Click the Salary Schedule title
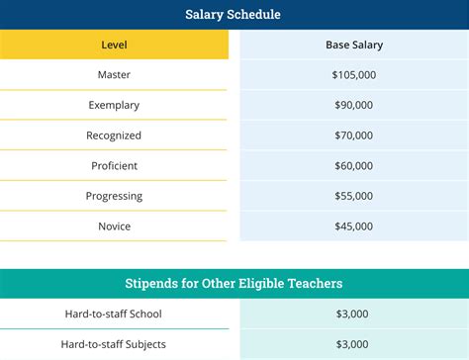(233, 15)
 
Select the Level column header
(114, 45)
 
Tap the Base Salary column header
(353, 45)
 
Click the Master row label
(114, 74)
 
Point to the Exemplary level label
(114, 105)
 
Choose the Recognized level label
(114, 135)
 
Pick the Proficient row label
(114, 165)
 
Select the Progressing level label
(114, 196)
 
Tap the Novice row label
(114, 226)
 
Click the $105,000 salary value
(353, 74)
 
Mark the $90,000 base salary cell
(353, 105)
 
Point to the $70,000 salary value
(353, 135)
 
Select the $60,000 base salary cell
(353, 165)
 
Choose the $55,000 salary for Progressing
(353, 196)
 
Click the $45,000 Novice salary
(353, 226)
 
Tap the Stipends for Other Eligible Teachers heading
(233, 284)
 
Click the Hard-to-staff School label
(114, 314)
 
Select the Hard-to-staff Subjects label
(114, 344)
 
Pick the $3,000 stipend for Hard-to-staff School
(353, 314)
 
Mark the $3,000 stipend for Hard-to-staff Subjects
(353, 344)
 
